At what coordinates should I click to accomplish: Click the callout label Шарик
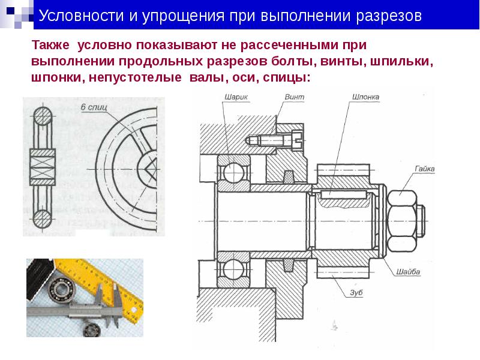pos(236,97)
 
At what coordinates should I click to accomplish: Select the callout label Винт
pos(295,97)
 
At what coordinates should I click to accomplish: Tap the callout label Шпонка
pos(366,97)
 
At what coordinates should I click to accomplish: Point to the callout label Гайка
pos(425,169)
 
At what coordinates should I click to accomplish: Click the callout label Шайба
pos(408,272)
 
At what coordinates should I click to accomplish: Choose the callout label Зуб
pos(356,293)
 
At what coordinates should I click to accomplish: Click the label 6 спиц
pos(94,107)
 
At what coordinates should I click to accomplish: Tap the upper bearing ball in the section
pos(233,173)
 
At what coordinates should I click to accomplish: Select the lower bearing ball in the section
pos(233,269)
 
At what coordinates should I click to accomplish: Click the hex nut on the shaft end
pos(402,221)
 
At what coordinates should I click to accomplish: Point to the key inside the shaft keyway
pos(344,194)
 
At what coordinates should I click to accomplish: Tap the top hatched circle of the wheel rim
pos(43,116)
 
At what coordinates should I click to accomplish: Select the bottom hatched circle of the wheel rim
pos(43,219)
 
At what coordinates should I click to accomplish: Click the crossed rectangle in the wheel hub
pos(43,168)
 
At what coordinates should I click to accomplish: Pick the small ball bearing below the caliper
pos(92,329)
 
